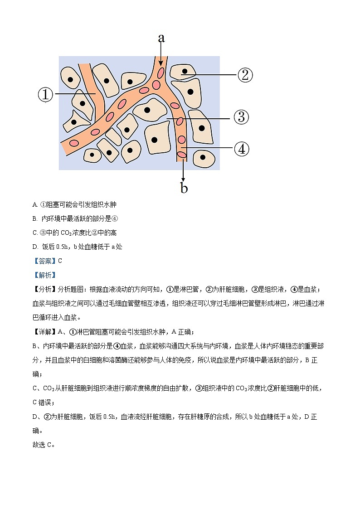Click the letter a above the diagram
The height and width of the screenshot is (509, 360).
click(x=161, y=38)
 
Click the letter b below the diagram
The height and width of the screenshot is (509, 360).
click(x=184, y=188)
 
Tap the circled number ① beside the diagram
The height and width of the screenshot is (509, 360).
click(x=45, y=95)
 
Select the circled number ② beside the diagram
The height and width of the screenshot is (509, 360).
click(x=244, y=75)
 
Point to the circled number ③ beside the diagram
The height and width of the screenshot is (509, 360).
click(x=241, y=117)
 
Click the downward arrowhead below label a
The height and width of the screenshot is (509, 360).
click(x=161, y=63)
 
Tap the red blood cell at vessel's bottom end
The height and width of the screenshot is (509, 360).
click(x=182, y=155)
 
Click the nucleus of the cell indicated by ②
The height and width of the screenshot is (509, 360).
click(x=184, y=71)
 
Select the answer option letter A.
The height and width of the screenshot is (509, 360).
click(x=35, y=205)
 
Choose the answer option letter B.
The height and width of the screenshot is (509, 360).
click(x=35, y=219)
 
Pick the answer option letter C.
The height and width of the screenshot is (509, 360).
click(x=35, y=233)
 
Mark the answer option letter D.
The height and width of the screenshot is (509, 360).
click(x=35, y=247)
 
